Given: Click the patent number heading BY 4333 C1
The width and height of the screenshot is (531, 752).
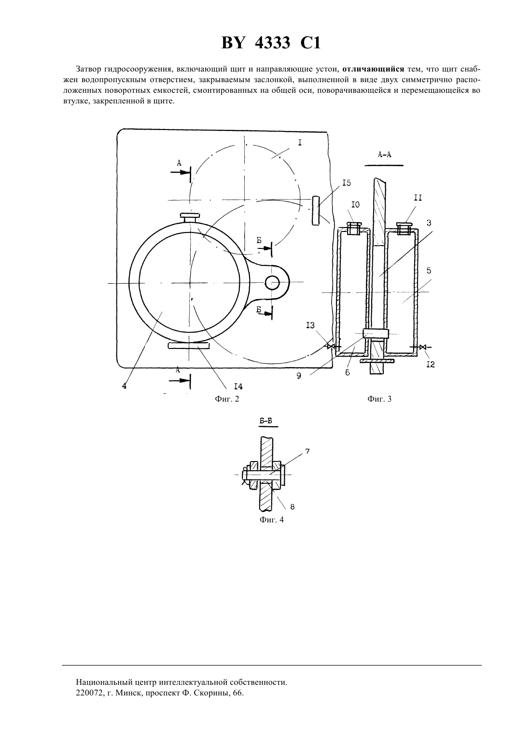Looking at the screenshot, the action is (271, 43).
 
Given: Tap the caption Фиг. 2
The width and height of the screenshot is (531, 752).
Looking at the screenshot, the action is (227, 399).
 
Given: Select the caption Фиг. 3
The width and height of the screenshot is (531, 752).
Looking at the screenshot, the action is (379, 399).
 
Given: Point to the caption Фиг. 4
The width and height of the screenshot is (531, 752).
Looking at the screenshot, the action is (272, 520).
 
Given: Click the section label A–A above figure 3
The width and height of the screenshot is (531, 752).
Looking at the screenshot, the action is (384, 155).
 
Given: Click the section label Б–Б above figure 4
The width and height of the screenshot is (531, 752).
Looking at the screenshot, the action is (265, 421).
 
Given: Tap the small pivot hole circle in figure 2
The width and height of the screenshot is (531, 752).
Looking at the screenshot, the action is (272, 283).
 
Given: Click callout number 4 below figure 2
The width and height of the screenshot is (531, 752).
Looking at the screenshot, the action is (125, 386).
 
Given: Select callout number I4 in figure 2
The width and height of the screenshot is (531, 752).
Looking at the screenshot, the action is (238, 387).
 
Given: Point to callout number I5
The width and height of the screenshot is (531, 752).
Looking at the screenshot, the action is (347, 183).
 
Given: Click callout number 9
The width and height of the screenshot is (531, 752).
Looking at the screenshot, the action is (299, 376).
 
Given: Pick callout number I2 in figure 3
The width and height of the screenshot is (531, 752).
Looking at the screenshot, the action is (431, 364).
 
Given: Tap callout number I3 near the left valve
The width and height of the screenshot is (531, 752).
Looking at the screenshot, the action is (310, 325).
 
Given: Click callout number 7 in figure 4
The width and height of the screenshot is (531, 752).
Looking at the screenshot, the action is (307, 451).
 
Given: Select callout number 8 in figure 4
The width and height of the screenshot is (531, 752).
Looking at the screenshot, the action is (293, 506).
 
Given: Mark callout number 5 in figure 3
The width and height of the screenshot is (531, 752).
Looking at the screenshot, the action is (429, 271).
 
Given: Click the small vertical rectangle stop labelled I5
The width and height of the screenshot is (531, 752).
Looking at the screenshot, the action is (315, 211).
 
